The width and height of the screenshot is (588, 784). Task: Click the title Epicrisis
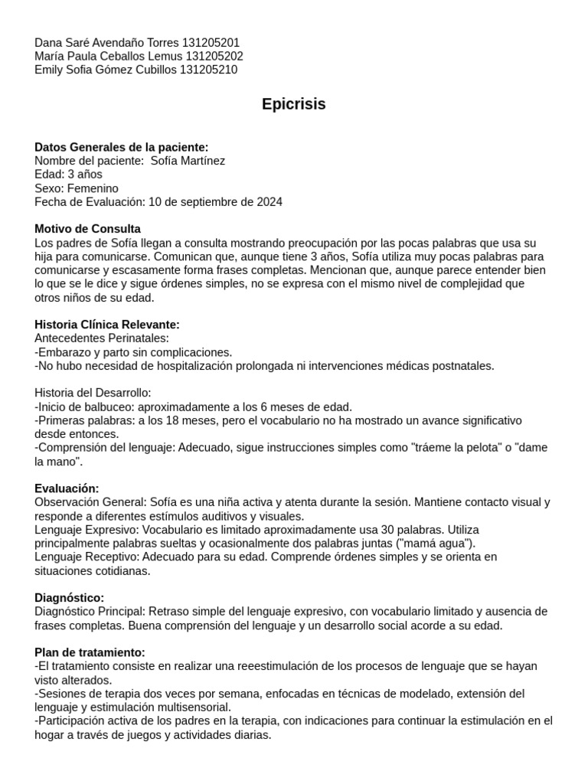293,104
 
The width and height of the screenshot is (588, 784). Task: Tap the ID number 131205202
214,56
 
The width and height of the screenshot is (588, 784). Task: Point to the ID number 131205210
208,70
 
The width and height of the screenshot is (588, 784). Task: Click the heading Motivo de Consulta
87,229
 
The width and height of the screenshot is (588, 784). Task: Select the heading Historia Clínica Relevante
107,325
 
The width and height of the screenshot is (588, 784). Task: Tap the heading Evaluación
67,488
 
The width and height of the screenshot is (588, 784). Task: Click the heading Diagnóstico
70,597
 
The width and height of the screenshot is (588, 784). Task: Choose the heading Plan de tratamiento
90,652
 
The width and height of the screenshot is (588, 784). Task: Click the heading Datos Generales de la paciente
121,147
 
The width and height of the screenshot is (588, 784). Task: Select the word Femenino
93,188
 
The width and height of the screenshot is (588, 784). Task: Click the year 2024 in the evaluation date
269,202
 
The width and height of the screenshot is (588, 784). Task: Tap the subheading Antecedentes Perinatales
102,338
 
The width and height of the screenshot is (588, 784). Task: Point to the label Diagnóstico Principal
90,611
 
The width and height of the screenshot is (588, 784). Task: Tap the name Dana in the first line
49,42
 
